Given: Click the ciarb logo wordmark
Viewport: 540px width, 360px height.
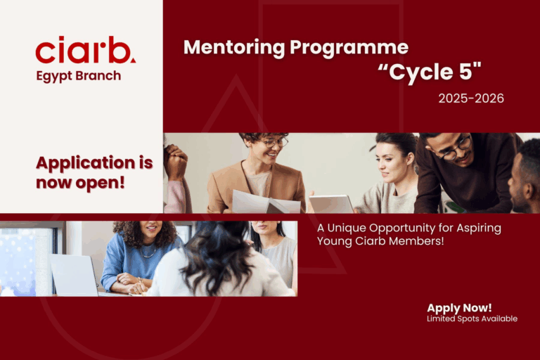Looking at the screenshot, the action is coord(85,50).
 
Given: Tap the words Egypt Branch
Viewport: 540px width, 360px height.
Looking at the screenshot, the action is coord(79,76).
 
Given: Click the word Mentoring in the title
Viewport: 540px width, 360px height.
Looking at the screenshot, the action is coord(234,47).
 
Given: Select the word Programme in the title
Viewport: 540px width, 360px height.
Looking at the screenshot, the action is coord(349,49).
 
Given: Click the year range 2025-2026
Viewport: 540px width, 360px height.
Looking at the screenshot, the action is coord(471,98).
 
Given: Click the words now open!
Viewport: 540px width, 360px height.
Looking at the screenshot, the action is coord(80,183).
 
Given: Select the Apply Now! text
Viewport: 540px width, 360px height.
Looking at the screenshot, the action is coord(459,308).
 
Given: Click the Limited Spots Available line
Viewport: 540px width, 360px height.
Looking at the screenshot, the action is coord(472,319).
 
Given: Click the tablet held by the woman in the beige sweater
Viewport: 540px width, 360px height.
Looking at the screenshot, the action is coord(331,204).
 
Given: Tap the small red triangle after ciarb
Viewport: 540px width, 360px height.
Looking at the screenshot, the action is coord(133,60).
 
